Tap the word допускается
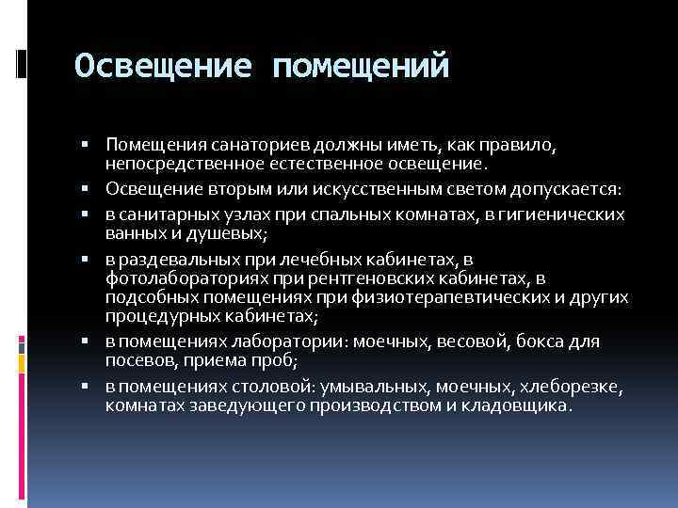coord(568,189)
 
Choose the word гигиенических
coord(567,214)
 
